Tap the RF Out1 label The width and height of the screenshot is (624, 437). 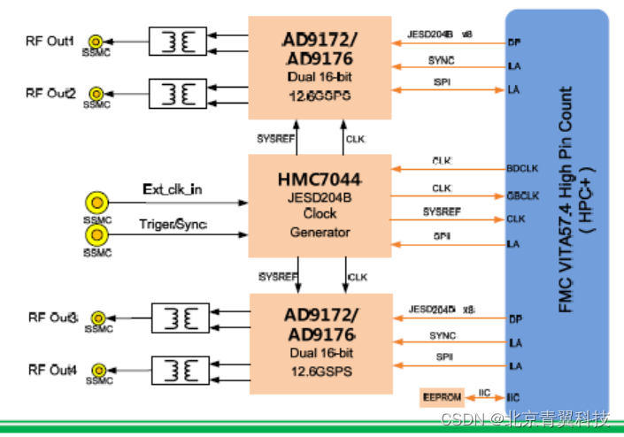(x=50, y=41)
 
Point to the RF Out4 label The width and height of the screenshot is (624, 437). (x=52, y=369)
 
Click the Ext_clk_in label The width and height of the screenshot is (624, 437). (x=173, y=190)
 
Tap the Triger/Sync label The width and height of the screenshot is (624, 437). (x=174, y=225)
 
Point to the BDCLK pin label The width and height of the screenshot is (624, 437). (x=519, y=167)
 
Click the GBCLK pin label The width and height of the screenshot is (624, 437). (x=519, y=194)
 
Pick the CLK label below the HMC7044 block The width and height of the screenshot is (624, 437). (x=358, y=277)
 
